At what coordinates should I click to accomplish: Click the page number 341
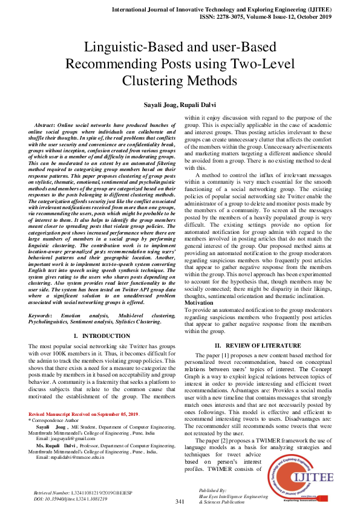pyautogui.click(x=180, y=502)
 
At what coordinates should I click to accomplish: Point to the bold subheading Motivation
pyautogui.click(x=202, y=302)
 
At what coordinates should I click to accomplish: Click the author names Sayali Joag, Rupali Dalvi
pyautogui.click(x=180, y=104)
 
